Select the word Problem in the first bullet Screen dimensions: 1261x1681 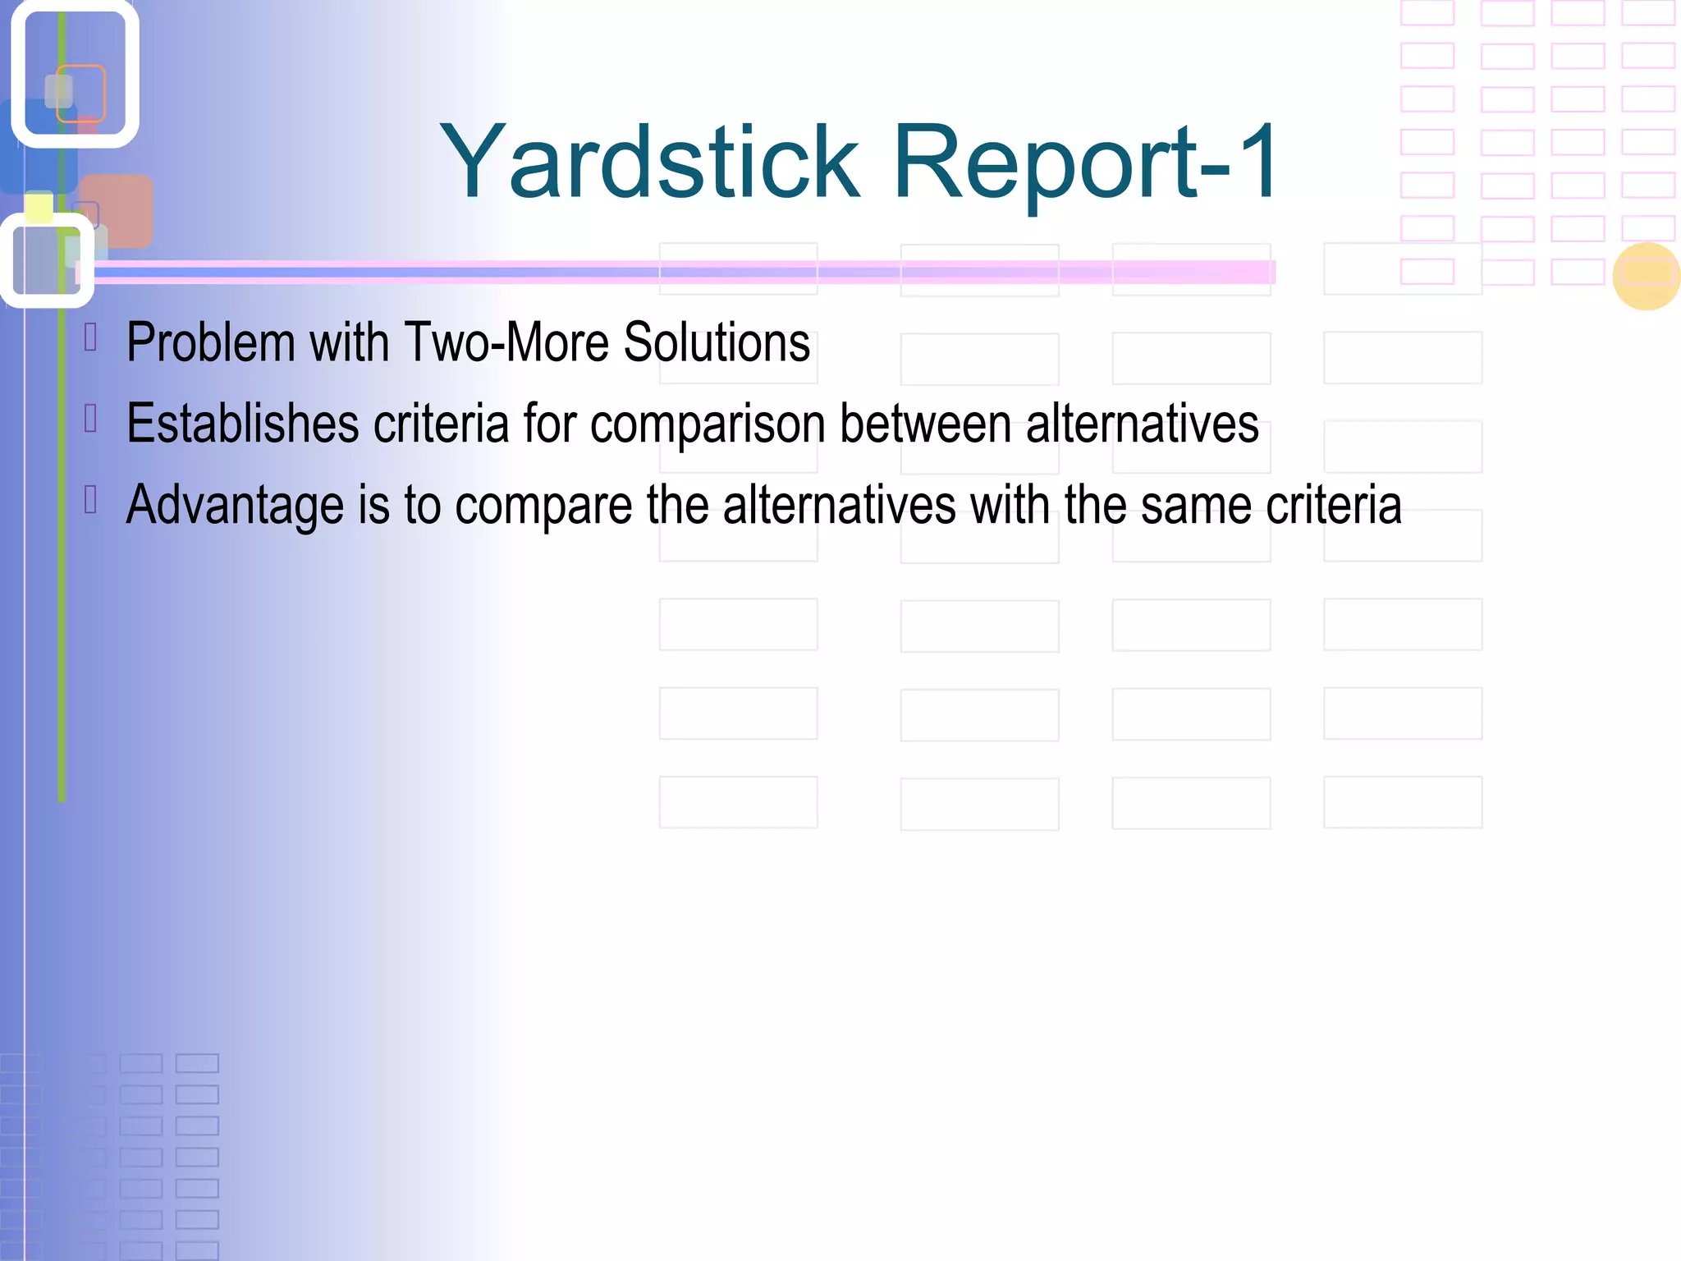[210, 342]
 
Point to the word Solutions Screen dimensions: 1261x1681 [717, 342]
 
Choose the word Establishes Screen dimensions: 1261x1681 [243, 424]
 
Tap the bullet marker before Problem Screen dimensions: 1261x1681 [91, 337]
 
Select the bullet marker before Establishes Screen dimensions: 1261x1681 [91, 419]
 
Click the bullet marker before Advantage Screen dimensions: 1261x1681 [91, 499]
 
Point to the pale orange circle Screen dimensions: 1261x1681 [1646, 277]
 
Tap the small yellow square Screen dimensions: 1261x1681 [39, 207]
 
